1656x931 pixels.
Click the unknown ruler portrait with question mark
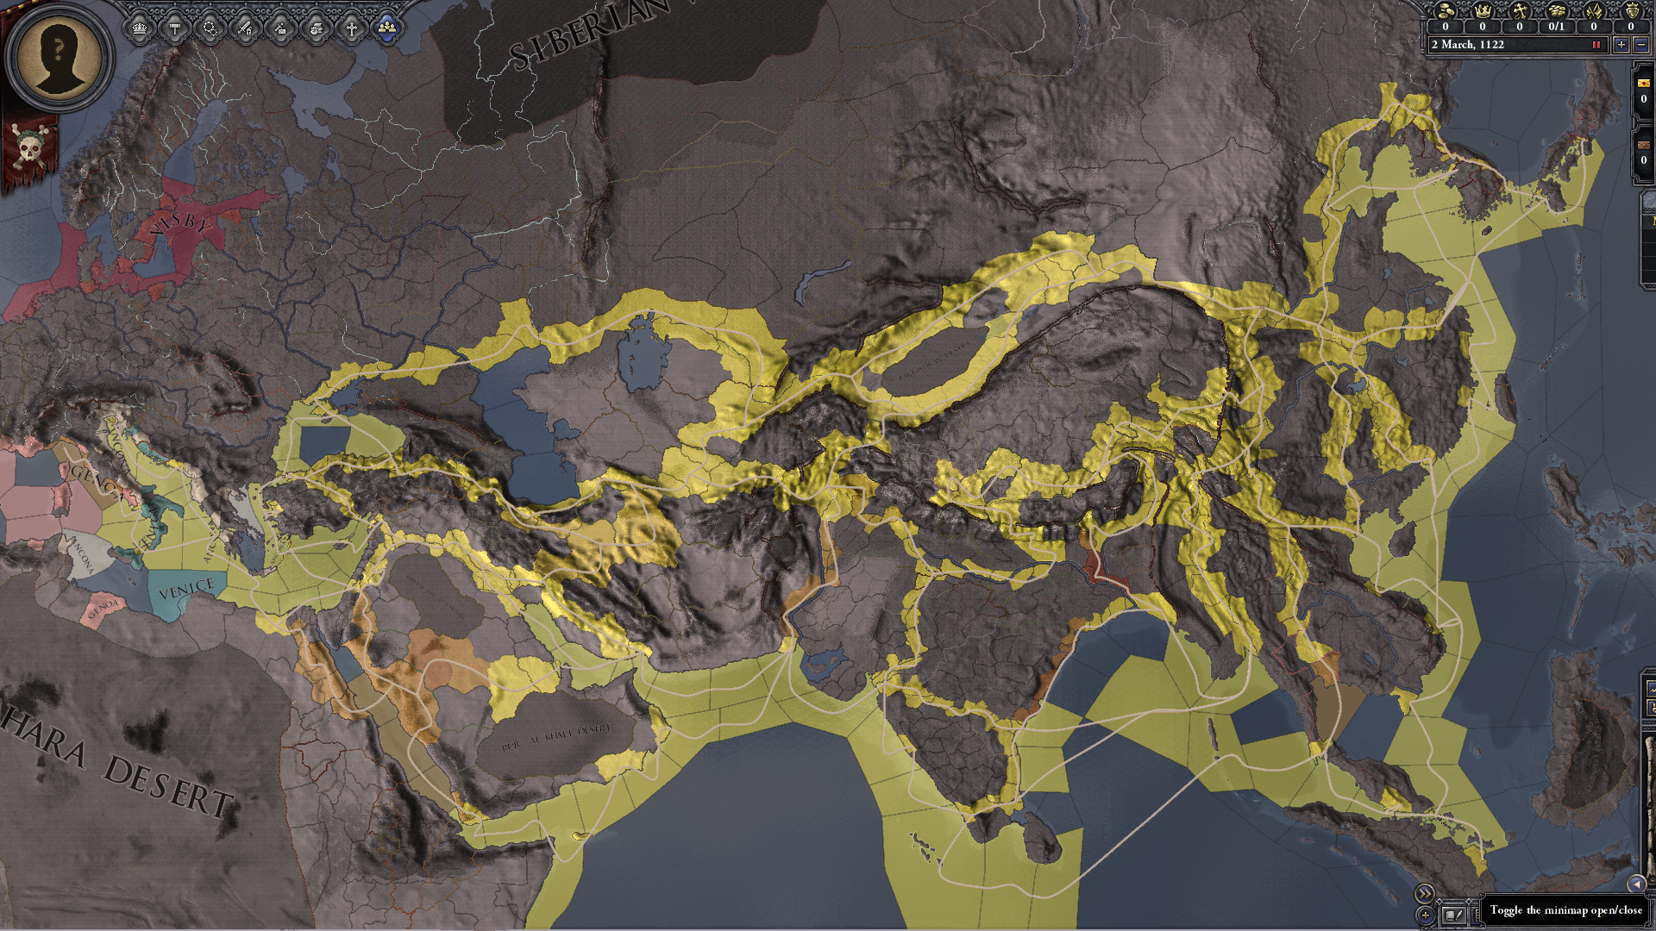click(x=59, y=56)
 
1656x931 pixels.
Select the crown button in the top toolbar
click(x=140, y=29)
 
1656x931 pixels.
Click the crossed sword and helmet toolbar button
click(x=245, y=29)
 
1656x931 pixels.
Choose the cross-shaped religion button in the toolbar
click(x=351, y=29)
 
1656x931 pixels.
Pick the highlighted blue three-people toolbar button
click(x=387, y=29)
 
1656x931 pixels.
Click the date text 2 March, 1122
click(x=1467, y=45)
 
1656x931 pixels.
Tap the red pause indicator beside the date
click(x=1596, y=45)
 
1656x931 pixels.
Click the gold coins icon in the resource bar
click(x=1446, y=11)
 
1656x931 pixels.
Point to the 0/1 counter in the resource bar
click(x=1556, y=27)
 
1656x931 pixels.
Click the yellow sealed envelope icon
click(x=1643, y=83)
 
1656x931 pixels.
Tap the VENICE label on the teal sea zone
click(x=186, y=590)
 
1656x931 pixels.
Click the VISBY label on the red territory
click(x=179, y=224)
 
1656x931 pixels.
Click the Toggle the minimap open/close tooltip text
click(x=1565, y=910)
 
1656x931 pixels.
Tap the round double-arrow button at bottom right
click(x=1424, y=894)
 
